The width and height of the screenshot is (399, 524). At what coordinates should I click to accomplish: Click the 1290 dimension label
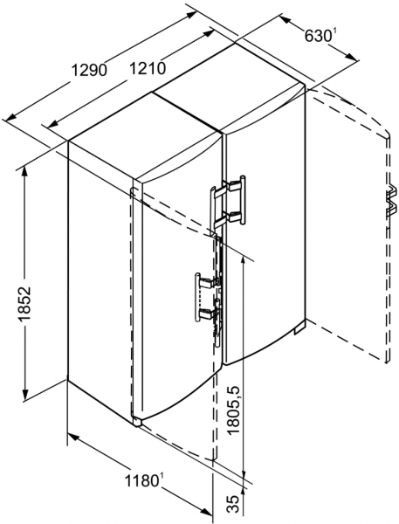tap(90, 70)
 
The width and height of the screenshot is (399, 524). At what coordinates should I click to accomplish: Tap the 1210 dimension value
tap(148, 68)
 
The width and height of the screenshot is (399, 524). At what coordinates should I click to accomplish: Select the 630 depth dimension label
tap(318, 36)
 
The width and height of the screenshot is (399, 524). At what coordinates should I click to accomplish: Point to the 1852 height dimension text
tap(24, 303)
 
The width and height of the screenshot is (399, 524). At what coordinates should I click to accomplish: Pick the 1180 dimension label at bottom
tap(141, 481)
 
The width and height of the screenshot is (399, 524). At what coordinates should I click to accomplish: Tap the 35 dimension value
tap(234, 504)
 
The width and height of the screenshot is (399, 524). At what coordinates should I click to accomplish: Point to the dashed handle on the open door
tap(392, 203)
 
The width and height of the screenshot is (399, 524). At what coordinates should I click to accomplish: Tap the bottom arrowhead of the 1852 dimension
tap(25, 393)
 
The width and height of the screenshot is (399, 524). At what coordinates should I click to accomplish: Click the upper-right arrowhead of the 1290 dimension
tap(191, 15)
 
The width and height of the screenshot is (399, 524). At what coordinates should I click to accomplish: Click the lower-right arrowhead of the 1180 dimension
tap(206, 510)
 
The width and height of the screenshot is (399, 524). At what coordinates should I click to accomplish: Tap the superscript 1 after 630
tap(333, 32)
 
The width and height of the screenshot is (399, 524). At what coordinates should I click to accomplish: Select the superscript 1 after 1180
tap(162, 477)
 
